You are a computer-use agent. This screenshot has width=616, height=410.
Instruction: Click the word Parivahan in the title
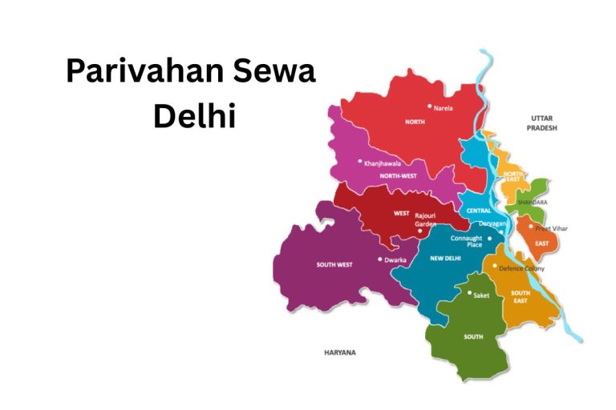click(132, 73)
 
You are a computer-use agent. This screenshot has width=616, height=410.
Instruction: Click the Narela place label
click(444, 107)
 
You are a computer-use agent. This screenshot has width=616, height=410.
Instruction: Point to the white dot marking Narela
click(430, 106)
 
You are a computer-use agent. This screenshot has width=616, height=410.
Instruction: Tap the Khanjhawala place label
click(383, 163)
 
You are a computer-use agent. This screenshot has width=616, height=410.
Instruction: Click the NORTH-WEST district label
click(399, 175)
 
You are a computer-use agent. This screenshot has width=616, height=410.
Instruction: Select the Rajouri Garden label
click(425, 220)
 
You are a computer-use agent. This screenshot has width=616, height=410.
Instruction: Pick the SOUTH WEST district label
click(334, 264)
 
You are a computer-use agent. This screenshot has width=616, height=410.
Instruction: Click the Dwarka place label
click(395, 260)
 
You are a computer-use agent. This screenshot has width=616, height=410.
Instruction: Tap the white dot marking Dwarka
click(380, 259)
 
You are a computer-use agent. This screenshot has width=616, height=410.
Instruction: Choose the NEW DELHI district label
click(445, 259)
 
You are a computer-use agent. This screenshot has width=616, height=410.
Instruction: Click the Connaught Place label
click(466, 241)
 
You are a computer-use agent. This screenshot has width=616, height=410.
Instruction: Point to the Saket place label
click(481, 295)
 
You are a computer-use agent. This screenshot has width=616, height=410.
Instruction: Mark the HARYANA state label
click(339, 352)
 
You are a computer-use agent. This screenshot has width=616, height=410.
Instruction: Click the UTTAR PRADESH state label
click(541, 123)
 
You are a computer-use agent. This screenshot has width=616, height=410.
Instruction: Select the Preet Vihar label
click(551, 229)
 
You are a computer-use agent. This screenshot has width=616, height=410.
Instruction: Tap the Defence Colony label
click(521, 268)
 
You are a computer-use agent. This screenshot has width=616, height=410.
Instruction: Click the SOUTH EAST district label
click(521, 296)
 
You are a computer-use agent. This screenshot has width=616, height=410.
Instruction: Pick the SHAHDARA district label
click(533, 203)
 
